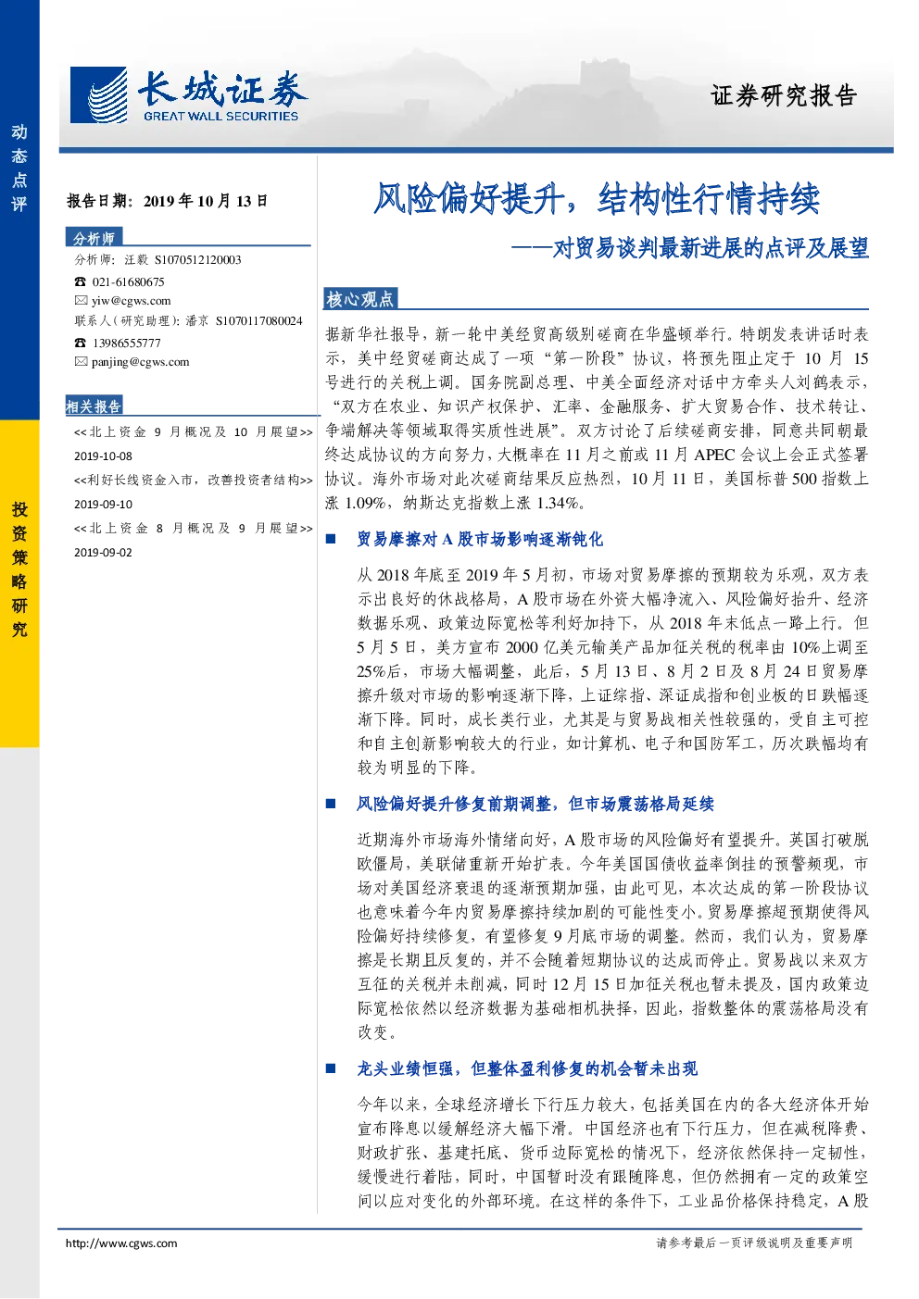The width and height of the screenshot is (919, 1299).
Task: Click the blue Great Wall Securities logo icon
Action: point(98,94)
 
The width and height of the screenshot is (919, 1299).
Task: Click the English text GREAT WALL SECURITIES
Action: point(221,116)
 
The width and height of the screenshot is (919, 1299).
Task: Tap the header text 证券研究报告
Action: point(784,96)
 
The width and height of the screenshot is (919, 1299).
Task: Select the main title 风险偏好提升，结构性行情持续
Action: point(597,198)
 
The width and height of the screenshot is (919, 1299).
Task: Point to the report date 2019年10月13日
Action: point(206,201)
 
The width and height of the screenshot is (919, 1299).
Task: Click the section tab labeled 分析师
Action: point(94,238)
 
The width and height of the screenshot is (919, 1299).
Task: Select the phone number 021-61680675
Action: point(128,281)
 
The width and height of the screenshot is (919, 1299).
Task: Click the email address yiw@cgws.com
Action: point(132,300)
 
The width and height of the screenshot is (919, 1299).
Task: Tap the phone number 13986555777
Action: point(127,343)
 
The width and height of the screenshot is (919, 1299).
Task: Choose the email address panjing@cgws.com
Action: point(141,362)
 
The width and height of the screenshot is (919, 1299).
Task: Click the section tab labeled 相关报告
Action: point(94,406)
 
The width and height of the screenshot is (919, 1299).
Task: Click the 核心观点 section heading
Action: point(360,299)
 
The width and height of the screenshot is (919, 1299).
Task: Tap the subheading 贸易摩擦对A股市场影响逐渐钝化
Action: point(480,539)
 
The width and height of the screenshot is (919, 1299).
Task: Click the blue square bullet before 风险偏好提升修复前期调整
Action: point(331,804)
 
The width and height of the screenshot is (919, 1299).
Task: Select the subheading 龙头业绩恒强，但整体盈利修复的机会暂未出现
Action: point(527,1068)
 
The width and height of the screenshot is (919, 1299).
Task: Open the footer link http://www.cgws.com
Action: point(121,1243)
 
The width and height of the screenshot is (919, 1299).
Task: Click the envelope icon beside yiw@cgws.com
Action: point(81,300)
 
